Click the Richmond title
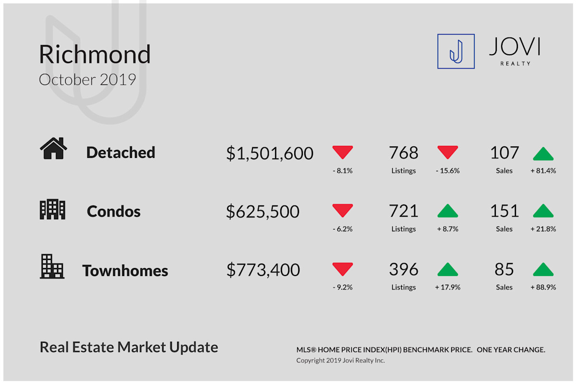[95, 54]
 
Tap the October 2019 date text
[87, 80]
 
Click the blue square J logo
[456, 51]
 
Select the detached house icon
[53, 148]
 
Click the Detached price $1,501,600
[270, 153]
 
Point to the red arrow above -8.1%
[343, 152]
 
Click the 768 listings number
[404, 153]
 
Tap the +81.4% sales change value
[543, 170]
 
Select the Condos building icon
[52, 209]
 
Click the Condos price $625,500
[263, 212]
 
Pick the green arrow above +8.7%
[447, 211]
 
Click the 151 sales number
[504, 211]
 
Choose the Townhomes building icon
[52, 266]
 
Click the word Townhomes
[125, 271]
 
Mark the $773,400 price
[263, 270]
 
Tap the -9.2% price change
[343, 287]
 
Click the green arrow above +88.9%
[543, 269]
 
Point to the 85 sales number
[504, 269]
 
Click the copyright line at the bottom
[340, 360]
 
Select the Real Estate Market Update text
[129, 347]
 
